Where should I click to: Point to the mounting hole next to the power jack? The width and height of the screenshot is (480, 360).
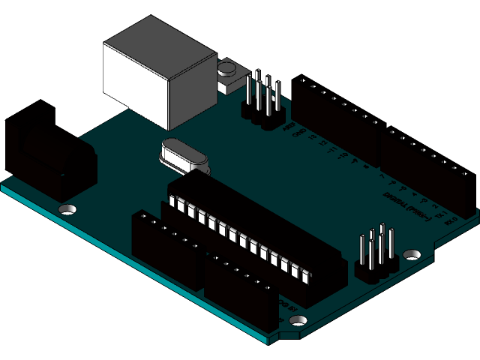(x=67, y=208)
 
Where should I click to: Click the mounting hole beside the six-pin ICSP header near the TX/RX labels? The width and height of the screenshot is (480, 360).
(x=412, y=253)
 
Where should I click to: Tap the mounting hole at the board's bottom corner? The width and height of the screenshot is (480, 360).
(x=298, y=320)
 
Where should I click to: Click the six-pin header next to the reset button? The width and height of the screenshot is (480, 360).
(x=262, y=101)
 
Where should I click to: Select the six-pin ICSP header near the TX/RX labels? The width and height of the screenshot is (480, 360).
(x=376, y=255)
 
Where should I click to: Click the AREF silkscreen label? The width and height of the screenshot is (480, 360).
(x=288, y=127)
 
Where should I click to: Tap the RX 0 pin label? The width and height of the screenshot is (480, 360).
(x=451, y=220)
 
